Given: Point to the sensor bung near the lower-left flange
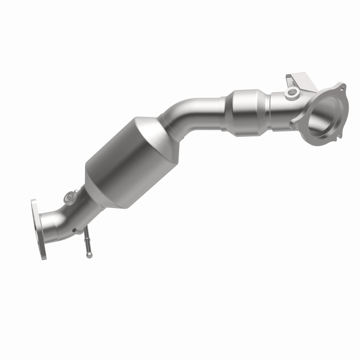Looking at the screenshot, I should [70, 196].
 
